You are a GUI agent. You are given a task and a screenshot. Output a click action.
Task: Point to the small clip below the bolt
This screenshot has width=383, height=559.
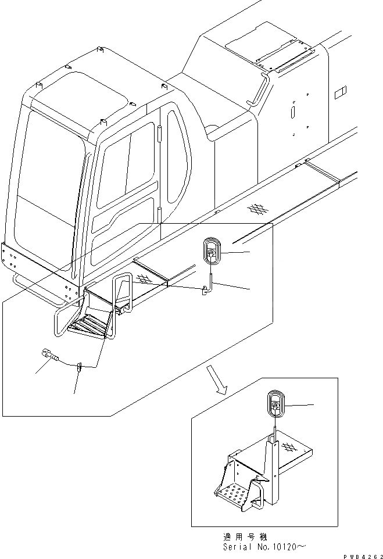click(x=80, y=366)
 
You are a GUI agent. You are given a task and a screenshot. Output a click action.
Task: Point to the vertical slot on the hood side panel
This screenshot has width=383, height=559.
click(x=294, y=110)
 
